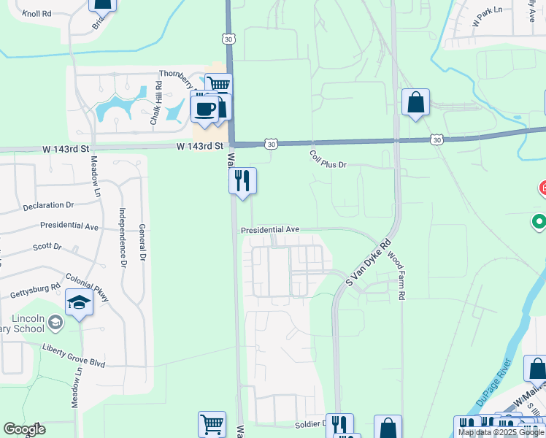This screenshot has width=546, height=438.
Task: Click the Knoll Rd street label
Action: (36, 13)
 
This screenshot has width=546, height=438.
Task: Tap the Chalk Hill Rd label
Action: (156, 103)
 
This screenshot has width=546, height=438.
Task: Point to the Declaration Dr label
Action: (48, 206)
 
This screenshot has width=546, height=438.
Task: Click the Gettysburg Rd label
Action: (34, 290)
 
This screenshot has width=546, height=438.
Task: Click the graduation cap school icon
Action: (79, 303)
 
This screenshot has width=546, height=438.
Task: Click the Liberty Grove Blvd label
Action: (74, 355)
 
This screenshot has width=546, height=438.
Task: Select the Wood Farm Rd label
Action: (396, 277)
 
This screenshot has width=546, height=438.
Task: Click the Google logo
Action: (24, 429)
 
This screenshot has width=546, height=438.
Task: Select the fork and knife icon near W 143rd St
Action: (242, 180)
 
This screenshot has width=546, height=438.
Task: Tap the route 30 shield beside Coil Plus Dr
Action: (271, 145)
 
